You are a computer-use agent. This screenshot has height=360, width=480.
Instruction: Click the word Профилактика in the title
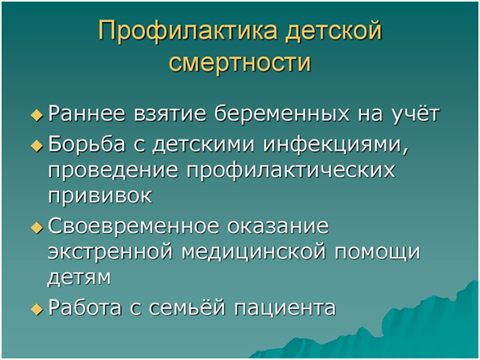pos(188,32)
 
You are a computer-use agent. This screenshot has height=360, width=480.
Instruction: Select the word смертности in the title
pos(240,63)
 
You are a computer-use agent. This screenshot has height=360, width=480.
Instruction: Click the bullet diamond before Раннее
pos(37,115)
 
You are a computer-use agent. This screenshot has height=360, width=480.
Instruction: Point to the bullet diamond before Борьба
pos(37,146)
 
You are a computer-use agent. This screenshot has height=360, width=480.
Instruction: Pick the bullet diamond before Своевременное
pos(37,228)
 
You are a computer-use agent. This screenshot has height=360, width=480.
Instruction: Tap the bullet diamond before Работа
pos(37,309)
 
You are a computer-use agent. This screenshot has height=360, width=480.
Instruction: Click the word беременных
pos(281,113)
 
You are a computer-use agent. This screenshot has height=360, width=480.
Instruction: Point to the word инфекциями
pos(336,145)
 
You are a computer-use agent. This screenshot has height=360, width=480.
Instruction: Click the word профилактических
pos(291,171)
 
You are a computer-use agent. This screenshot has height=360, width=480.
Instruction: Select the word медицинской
pos(254,254)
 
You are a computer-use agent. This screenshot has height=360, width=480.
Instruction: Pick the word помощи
pos(377,254)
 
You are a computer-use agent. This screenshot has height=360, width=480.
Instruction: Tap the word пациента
pos(285,309)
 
